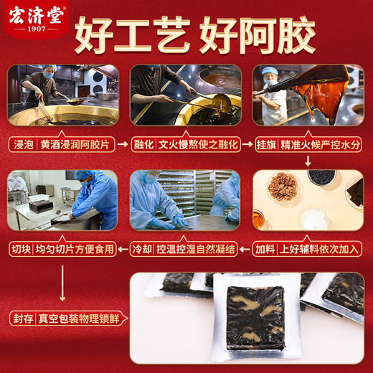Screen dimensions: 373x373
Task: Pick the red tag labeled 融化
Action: tap(144, 143)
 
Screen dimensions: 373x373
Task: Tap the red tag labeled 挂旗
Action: tap(267, 143)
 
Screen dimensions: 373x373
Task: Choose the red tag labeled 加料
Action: tap(267, 250)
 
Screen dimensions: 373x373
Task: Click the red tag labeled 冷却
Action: tap(143, 250)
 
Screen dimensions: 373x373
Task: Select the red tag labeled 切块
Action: tap(22, 250)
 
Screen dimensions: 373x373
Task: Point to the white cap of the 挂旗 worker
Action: tap(269, 70)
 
